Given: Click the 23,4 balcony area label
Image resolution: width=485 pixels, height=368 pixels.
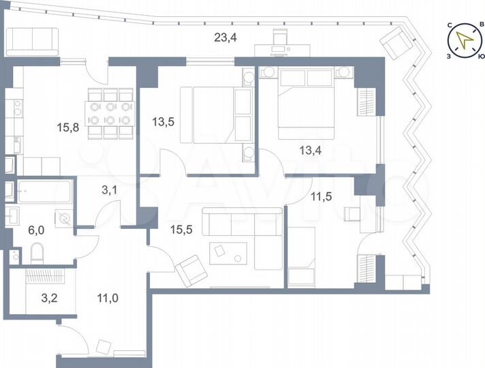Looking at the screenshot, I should [225, 37].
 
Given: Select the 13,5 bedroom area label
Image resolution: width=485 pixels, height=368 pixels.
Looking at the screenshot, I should [163, 123].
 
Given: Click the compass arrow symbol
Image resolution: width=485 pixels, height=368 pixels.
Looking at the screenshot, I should [466, 40].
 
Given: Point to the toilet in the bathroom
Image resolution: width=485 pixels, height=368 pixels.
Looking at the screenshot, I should [37, 254].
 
